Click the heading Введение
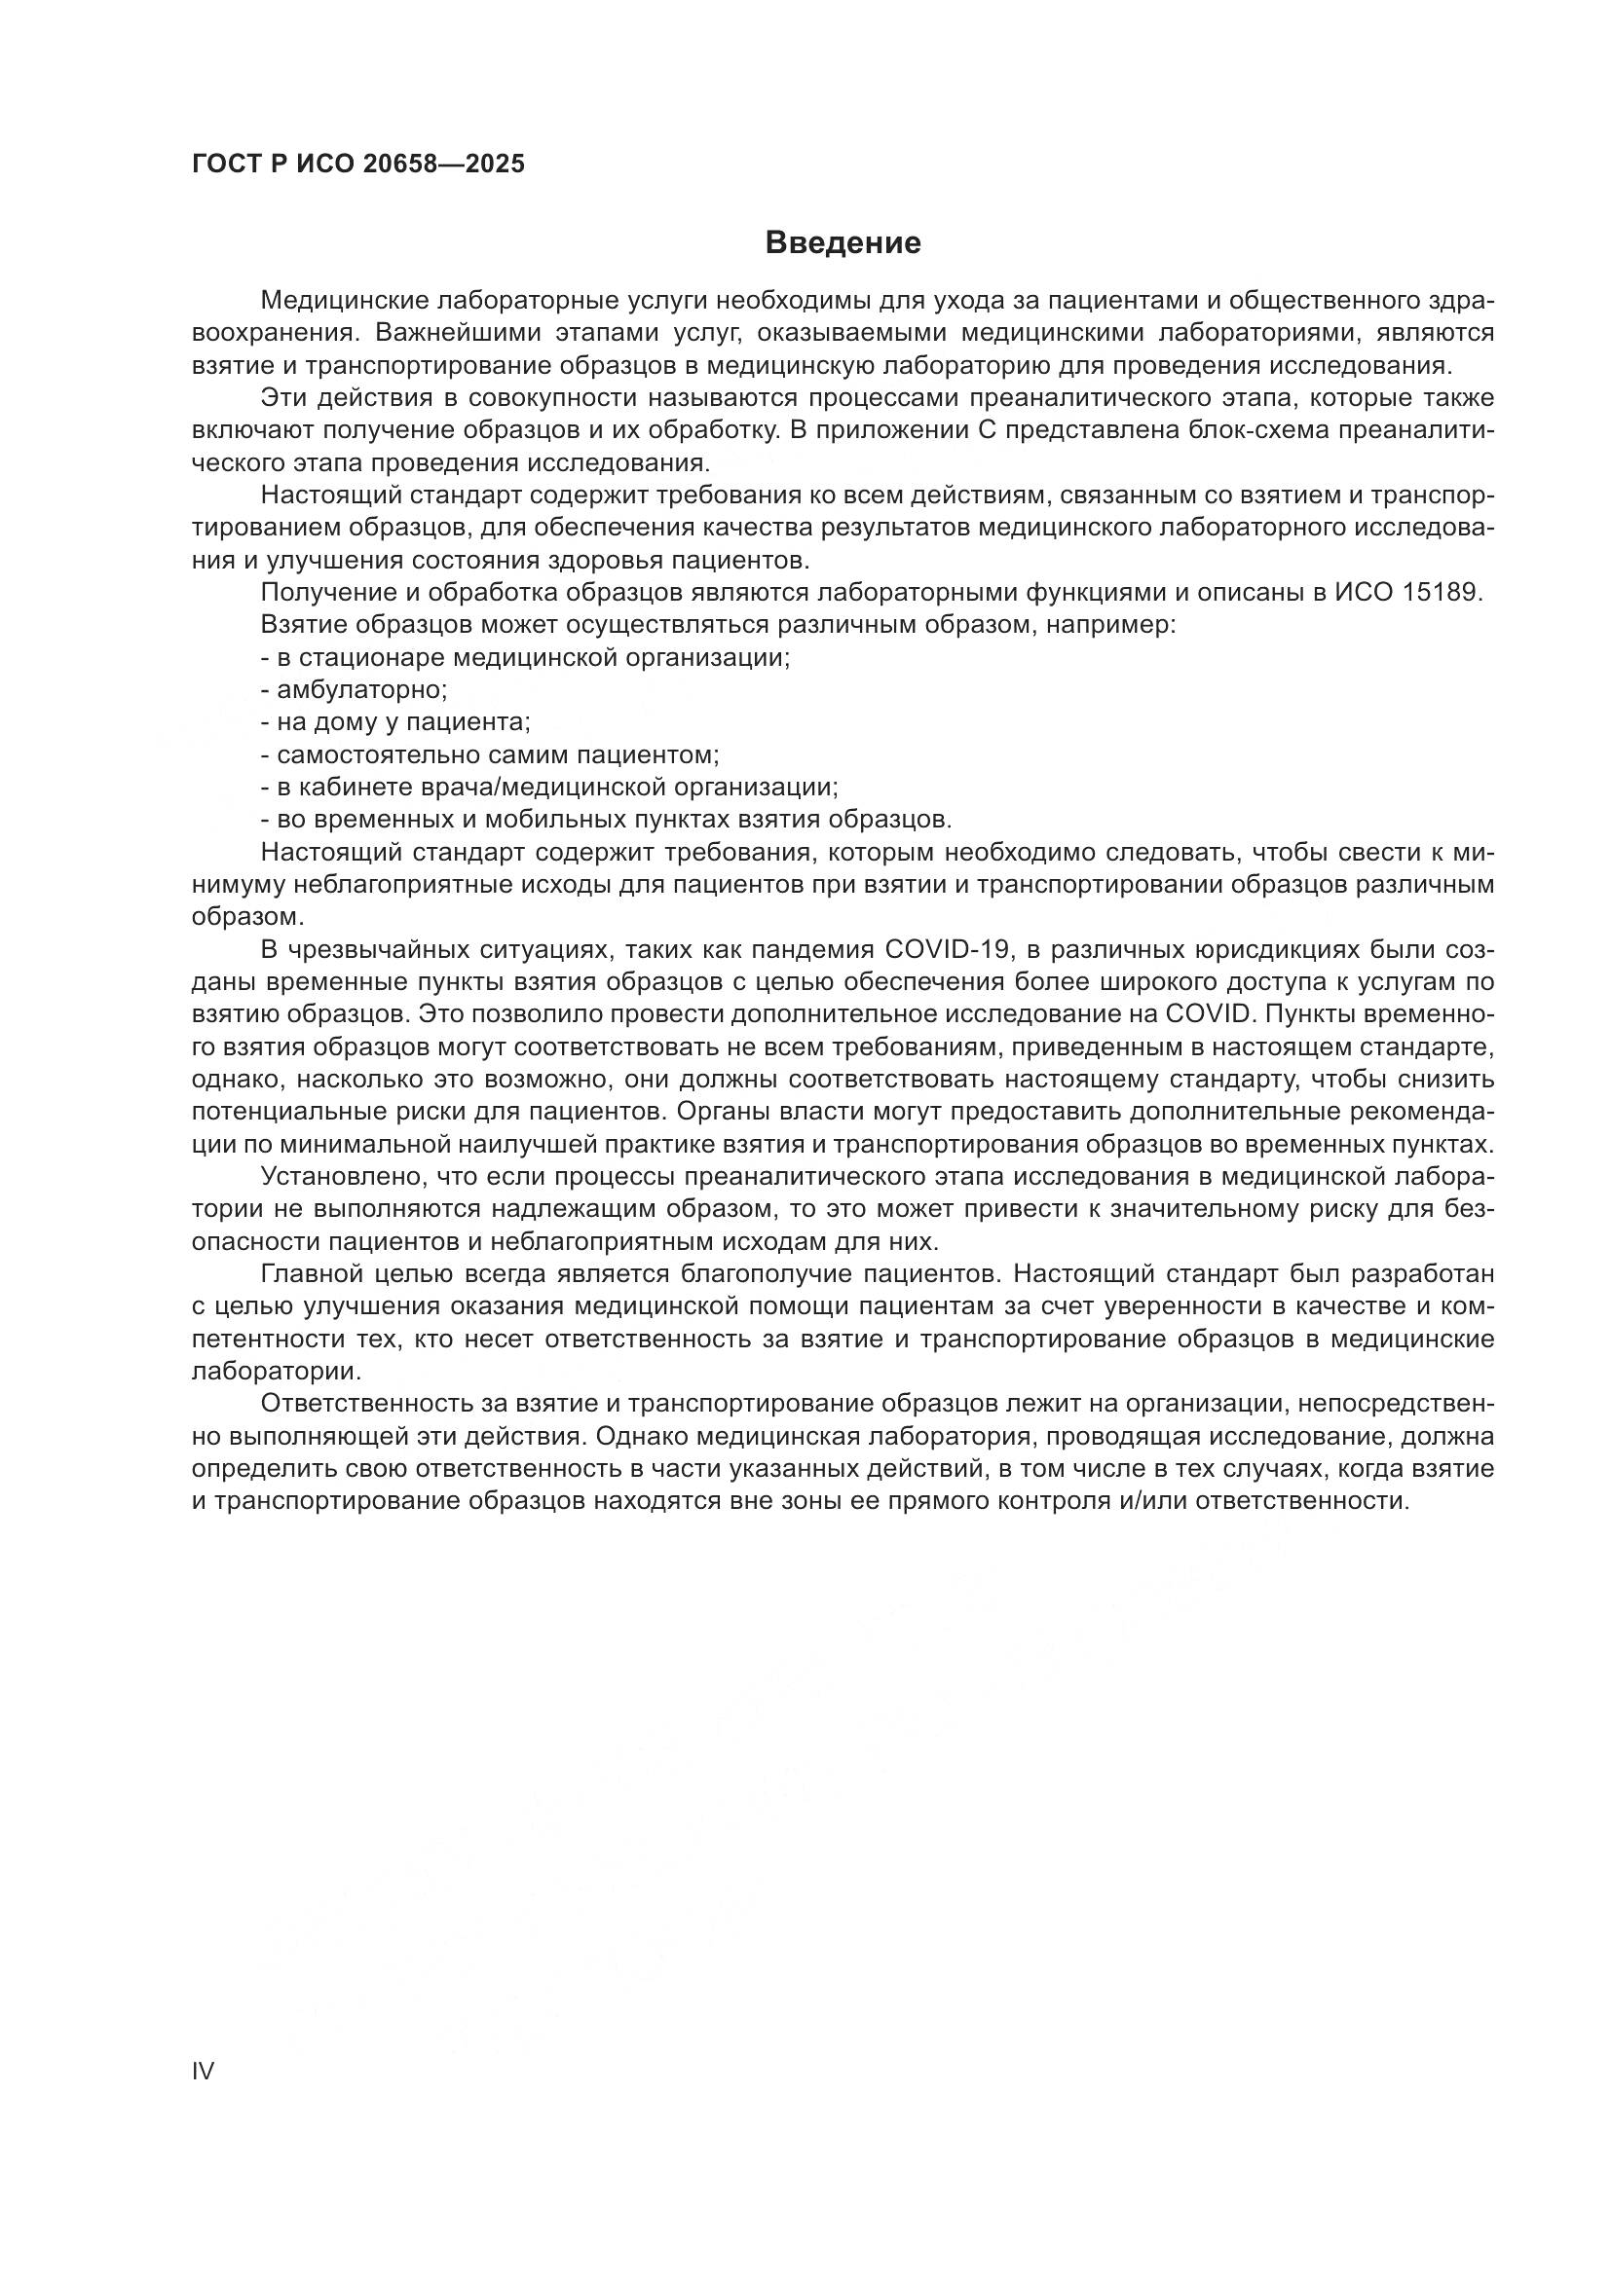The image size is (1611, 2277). click(843, 243)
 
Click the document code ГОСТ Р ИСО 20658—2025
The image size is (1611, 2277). click(358, 165)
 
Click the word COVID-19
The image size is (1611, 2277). click(947, 950)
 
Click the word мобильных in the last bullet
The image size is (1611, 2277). click(561, 820)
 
